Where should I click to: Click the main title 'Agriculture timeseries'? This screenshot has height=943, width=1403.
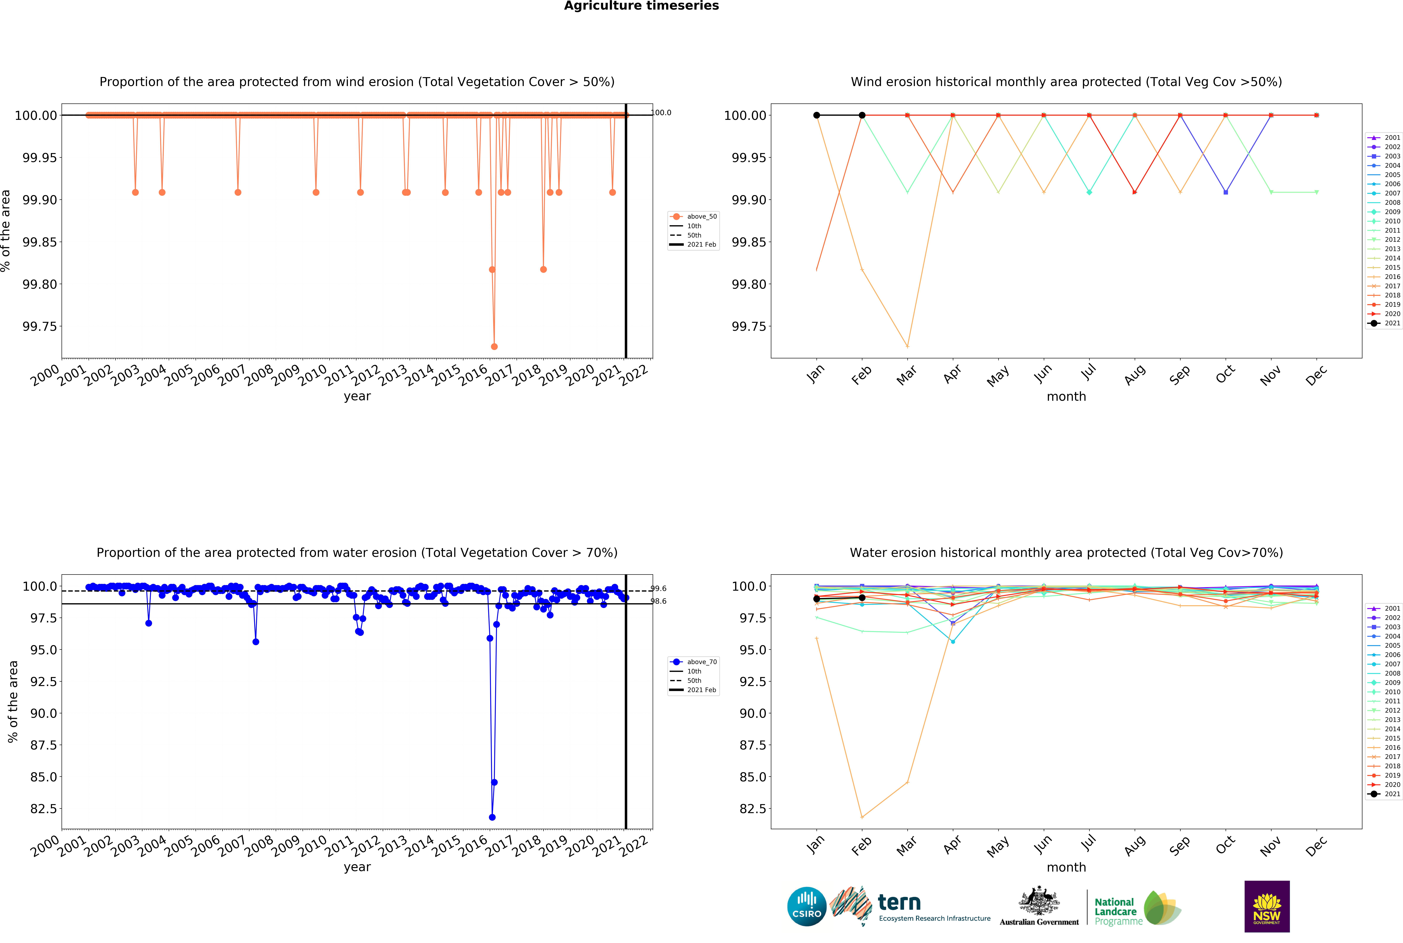click(x=641, y=6)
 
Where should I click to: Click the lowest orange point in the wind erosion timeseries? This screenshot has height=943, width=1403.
click(x=494, y=346)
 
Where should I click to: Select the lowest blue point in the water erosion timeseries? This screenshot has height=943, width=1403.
click(x=492, y=817)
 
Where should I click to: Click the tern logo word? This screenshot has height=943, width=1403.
click(x=899, y=902)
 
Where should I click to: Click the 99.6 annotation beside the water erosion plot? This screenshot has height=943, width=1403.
click(x=659, y=589)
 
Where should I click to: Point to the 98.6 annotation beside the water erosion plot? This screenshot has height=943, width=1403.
click(x=659, y=601)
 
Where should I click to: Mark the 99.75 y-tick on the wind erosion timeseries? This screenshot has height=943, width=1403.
click(x=39, y=327)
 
